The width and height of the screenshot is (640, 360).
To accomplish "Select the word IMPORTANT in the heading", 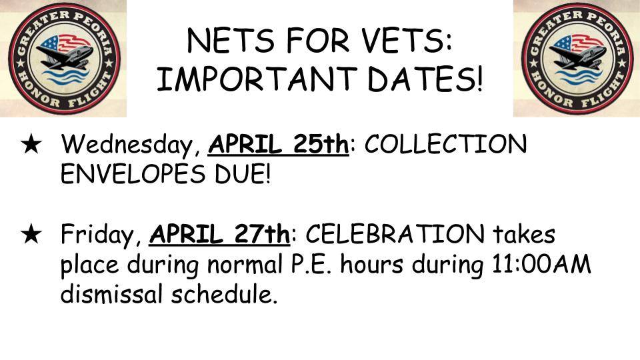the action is (257, 79).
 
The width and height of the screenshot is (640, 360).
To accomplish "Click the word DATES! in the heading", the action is (425, 79).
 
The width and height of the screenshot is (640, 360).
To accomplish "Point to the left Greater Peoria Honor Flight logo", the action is (64, 59).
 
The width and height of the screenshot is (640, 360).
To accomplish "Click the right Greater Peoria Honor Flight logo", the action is (577, 59).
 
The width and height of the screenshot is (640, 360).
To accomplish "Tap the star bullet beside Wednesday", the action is (31, 145).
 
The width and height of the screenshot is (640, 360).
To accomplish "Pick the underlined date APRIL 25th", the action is (279, 145).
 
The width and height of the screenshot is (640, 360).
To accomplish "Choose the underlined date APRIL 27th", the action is (219, 234).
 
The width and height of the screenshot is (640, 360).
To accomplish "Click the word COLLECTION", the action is (445, 144).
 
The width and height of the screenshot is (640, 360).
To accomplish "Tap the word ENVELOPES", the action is (133, 174).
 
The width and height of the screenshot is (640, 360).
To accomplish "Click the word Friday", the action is (101, 235).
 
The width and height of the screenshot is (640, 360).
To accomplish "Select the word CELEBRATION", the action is (395, 234).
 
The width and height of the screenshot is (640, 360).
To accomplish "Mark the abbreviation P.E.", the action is (311, 265).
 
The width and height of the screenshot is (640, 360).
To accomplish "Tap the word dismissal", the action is (112, 294).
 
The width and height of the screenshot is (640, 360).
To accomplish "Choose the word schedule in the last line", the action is (224, 294).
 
